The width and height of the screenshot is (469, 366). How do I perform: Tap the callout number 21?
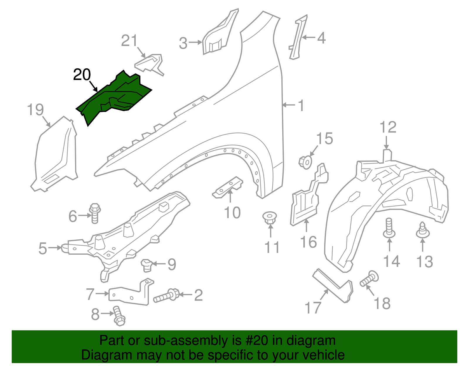129,41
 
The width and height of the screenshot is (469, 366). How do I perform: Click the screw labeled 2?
166,295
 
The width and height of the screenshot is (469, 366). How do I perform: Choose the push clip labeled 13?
422,230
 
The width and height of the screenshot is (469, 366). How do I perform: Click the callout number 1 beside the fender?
301,105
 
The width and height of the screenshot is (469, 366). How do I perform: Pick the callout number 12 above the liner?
388,127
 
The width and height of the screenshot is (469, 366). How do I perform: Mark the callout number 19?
35,110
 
